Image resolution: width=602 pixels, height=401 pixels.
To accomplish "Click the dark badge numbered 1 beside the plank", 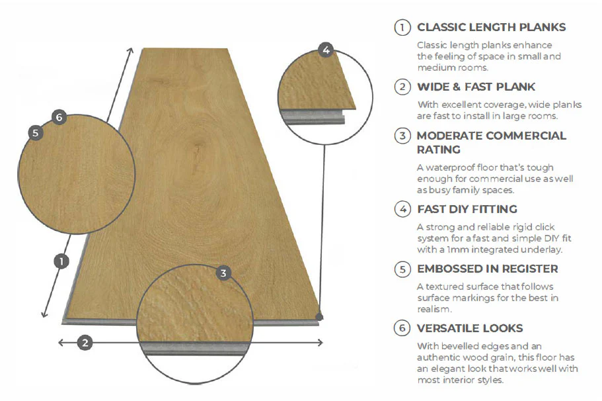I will (x=61, y=261).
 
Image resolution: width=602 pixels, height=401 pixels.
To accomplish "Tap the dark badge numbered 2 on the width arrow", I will (x=85, y=342).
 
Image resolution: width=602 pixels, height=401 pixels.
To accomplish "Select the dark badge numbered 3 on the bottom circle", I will (x=223, y=273).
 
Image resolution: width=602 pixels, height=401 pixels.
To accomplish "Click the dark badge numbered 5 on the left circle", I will (x=36, y=132).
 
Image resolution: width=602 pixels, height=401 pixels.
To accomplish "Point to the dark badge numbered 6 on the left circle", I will (x=59, y=118).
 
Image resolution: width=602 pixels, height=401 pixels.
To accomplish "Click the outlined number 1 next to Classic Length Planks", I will (x=402, y=28).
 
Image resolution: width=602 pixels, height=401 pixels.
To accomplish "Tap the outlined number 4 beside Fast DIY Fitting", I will (x=402, y=210).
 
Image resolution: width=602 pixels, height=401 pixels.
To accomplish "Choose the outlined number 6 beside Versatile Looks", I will (x=402, y=328).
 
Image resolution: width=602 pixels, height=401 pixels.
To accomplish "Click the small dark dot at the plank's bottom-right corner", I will (x=320, y=318).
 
